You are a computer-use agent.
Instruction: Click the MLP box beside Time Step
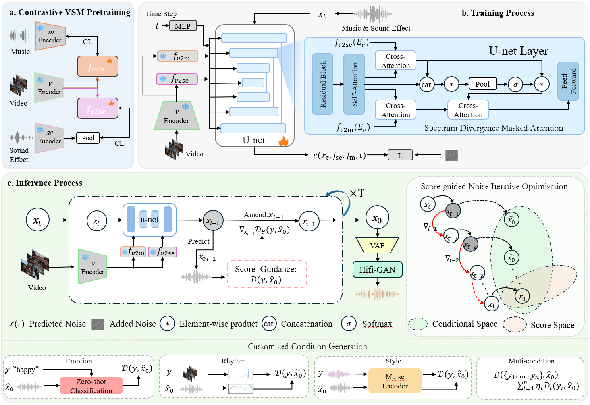point(183,26)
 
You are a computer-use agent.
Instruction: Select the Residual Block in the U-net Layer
point(322,84)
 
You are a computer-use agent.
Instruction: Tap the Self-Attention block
point(354,84)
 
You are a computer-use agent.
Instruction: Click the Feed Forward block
point(568,81)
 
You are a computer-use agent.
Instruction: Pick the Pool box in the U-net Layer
point(482,84)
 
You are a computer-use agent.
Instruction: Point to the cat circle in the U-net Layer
point(426,85)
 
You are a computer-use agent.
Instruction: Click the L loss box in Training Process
point(400,155)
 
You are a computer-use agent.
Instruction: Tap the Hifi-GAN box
point(377,270)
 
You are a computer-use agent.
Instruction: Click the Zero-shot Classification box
point(91,386)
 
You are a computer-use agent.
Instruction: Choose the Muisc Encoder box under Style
point(395,381)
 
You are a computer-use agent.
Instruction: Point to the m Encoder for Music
point(50,36)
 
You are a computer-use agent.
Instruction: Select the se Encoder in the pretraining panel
point(50,137)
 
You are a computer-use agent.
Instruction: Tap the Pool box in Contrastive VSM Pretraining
point(88,138)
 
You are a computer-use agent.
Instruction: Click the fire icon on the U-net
point(283,141)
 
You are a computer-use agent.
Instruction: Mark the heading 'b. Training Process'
point(497,13)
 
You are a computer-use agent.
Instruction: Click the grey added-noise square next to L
point(451,155)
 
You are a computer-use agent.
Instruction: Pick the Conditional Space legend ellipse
point(418,324)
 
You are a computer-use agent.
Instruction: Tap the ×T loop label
point(357,193)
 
